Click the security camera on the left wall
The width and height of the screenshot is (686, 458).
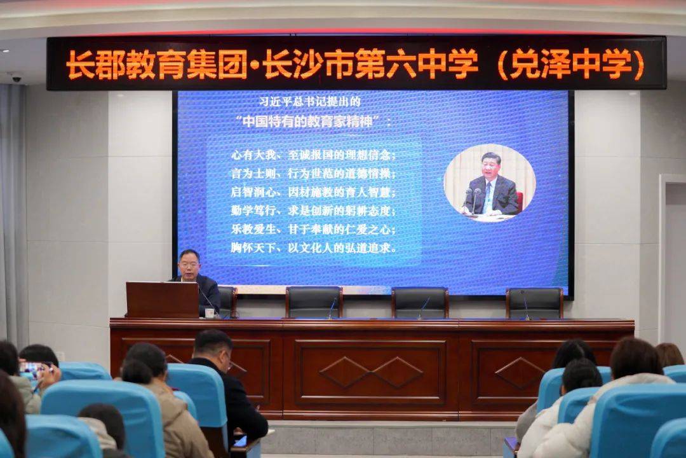(16, 78)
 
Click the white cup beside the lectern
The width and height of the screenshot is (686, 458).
(210, 312)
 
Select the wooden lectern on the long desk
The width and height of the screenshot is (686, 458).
(163, 300)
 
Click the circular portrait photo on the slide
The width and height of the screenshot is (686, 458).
(490, 183)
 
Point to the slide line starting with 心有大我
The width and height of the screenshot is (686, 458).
(313, 155)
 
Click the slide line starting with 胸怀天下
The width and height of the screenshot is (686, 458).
(314, 248)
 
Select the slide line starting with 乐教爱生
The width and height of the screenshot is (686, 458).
(313, 229)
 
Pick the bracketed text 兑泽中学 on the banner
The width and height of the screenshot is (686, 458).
(571, 64)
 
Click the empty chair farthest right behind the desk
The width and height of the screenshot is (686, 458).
(535, 303)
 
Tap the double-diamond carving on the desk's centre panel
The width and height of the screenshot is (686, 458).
(371, 372)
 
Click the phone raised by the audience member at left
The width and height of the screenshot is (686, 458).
(34, 367)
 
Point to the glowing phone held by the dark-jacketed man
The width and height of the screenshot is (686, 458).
(240, 441)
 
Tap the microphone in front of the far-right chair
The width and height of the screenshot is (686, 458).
(525, 305)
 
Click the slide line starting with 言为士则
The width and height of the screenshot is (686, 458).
(313, 174)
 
